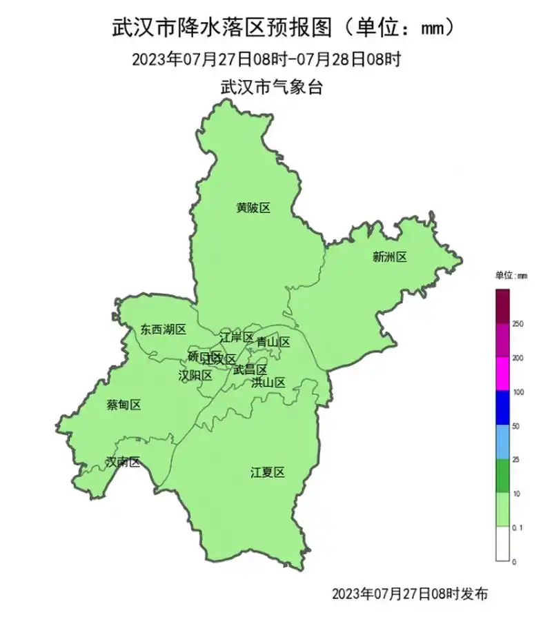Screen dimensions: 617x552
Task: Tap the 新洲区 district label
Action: pos(390,257)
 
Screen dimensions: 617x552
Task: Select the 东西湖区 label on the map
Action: pos(164,330)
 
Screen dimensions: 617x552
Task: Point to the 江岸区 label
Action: pos(237,338)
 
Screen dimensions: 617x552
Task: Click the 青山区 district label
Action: pos(273,342)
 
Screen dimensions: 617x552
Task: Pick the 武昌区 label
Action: pos(250,370)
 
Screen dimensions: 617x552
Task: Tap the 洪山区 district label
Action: pos(268,383)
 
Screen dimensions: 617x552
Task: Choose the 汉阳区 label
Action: pos(195,376)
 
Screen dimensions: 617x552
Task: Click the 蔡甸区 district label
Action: pos(124,405)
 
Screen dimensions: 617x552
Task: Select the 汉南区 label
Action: pos(123,462)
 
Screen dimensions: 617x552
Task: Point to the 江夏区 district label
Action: pos(268,472)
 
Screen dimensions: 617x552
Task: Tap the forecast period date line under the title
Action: pos(266,59)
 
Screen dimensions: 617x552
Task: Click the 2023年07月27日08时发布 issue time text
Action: pos(410,594)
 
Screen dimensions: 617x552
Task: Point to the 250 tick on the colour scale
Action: pos(517,323)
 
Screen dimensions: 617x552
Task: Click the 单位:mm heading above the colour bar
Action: pos(511,275)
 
